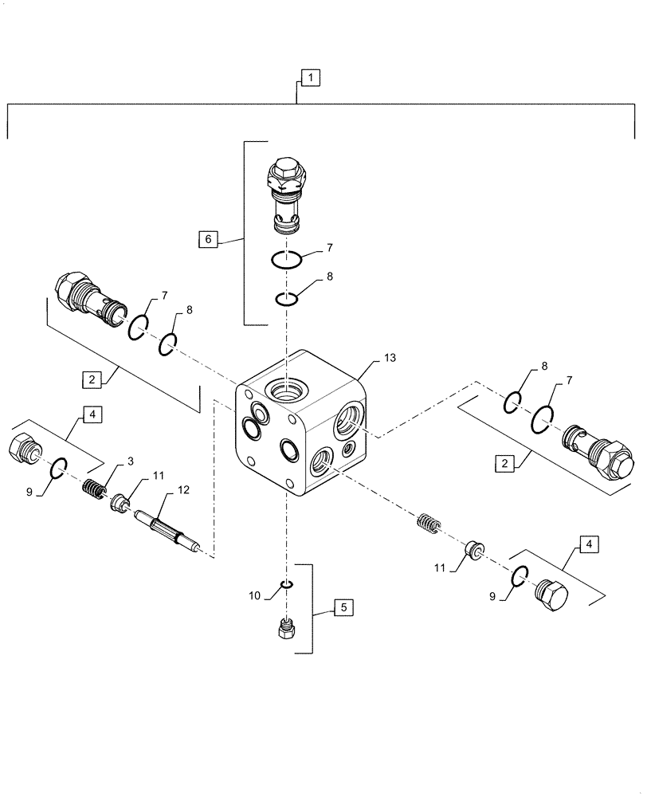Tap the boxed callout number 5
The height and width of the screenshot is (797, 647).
point(343,608)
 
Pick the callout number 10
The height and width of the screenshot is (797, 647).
point(254,595)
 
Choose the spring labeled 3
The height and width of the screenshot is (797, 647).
point(96,489)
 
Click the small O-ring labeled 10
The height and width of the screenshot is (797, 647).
point(287,584)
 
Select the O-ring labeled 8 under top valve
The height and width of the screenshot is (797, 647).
point(286,300)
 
